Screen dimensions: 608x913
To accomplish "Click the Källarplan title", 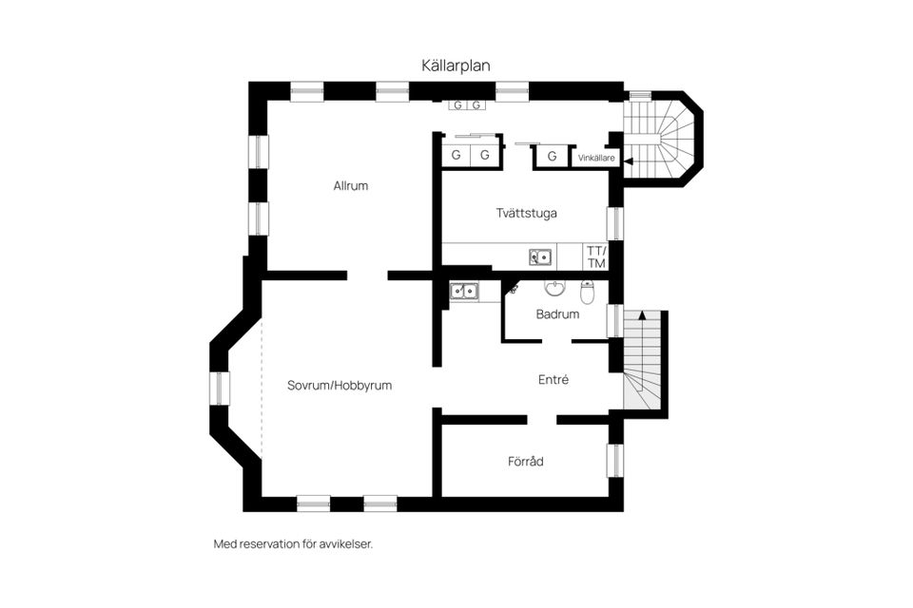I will tap(456, 65).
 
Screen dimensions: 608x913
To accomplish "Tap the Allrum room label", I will tap(350, 186).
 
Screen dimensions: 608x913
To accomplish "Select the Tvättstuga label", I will tap(526, 213).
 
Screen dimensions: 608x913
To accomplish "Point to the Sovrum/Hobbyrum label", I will tap(340, 386).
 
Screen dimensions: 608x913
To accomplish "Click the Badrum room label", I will tap(557, 313).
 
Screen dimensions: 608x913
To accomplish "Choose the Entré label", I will tap(553, 379).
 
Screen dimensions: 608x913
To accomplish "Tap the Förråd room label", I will tap(525, 462).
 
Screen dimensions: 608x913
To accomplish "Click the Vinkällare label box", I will tap(595, 158).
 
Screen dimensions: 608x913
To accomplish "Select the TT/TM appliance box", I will tap(596, 256).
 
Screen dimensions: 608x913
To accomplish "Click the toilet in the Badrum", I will tap(587, 290).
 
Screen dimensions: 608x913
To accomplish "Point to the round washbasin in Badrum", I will tap(554, 287).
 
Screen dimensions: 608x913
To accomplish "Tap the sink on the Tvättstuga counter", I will tap(540, 256).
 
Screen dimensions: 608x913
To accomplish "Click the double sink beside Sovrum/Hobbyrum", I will tap(464, 292).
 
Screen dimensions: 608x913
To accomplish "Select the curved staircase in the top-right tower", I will tap(665, 138).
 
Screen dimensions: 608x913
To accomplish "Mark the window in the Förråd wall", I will tap(615, 460).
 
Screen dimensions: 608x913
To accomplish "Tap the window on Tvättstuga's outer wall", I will tap(615, 222).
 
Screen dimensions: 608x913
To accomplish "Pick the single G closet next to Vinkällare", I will tap(552, 156).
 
